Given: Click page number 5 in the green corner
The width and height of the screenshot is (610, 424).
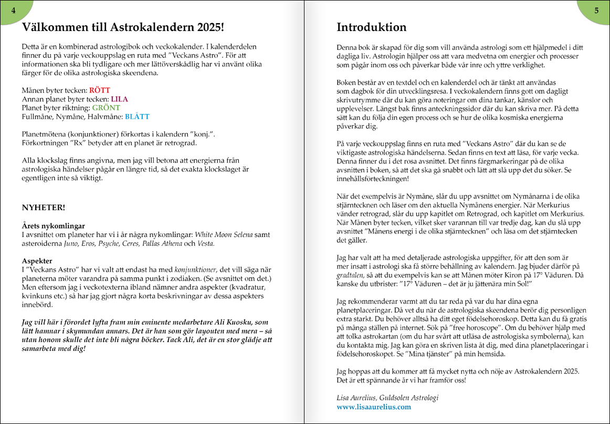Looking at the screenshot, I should [596, 11].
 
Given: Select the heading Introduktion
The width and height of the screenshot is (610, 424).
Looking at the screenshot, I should [371, 27].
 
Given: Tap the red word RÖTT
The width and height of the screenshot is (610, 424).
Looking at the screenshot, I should [100, 90].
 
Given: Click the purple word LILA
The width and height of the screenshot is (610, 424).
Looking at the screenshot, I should [119, 99].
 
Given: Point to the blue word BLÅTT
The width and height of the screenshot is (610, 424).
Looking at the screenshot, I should [137, 117].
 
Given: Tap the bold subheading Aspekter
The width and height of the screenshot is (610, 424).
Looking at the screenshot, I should [37, 261].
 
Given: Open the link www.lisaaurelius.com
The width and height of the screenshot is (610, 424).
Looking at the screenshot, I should [374, 407].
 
